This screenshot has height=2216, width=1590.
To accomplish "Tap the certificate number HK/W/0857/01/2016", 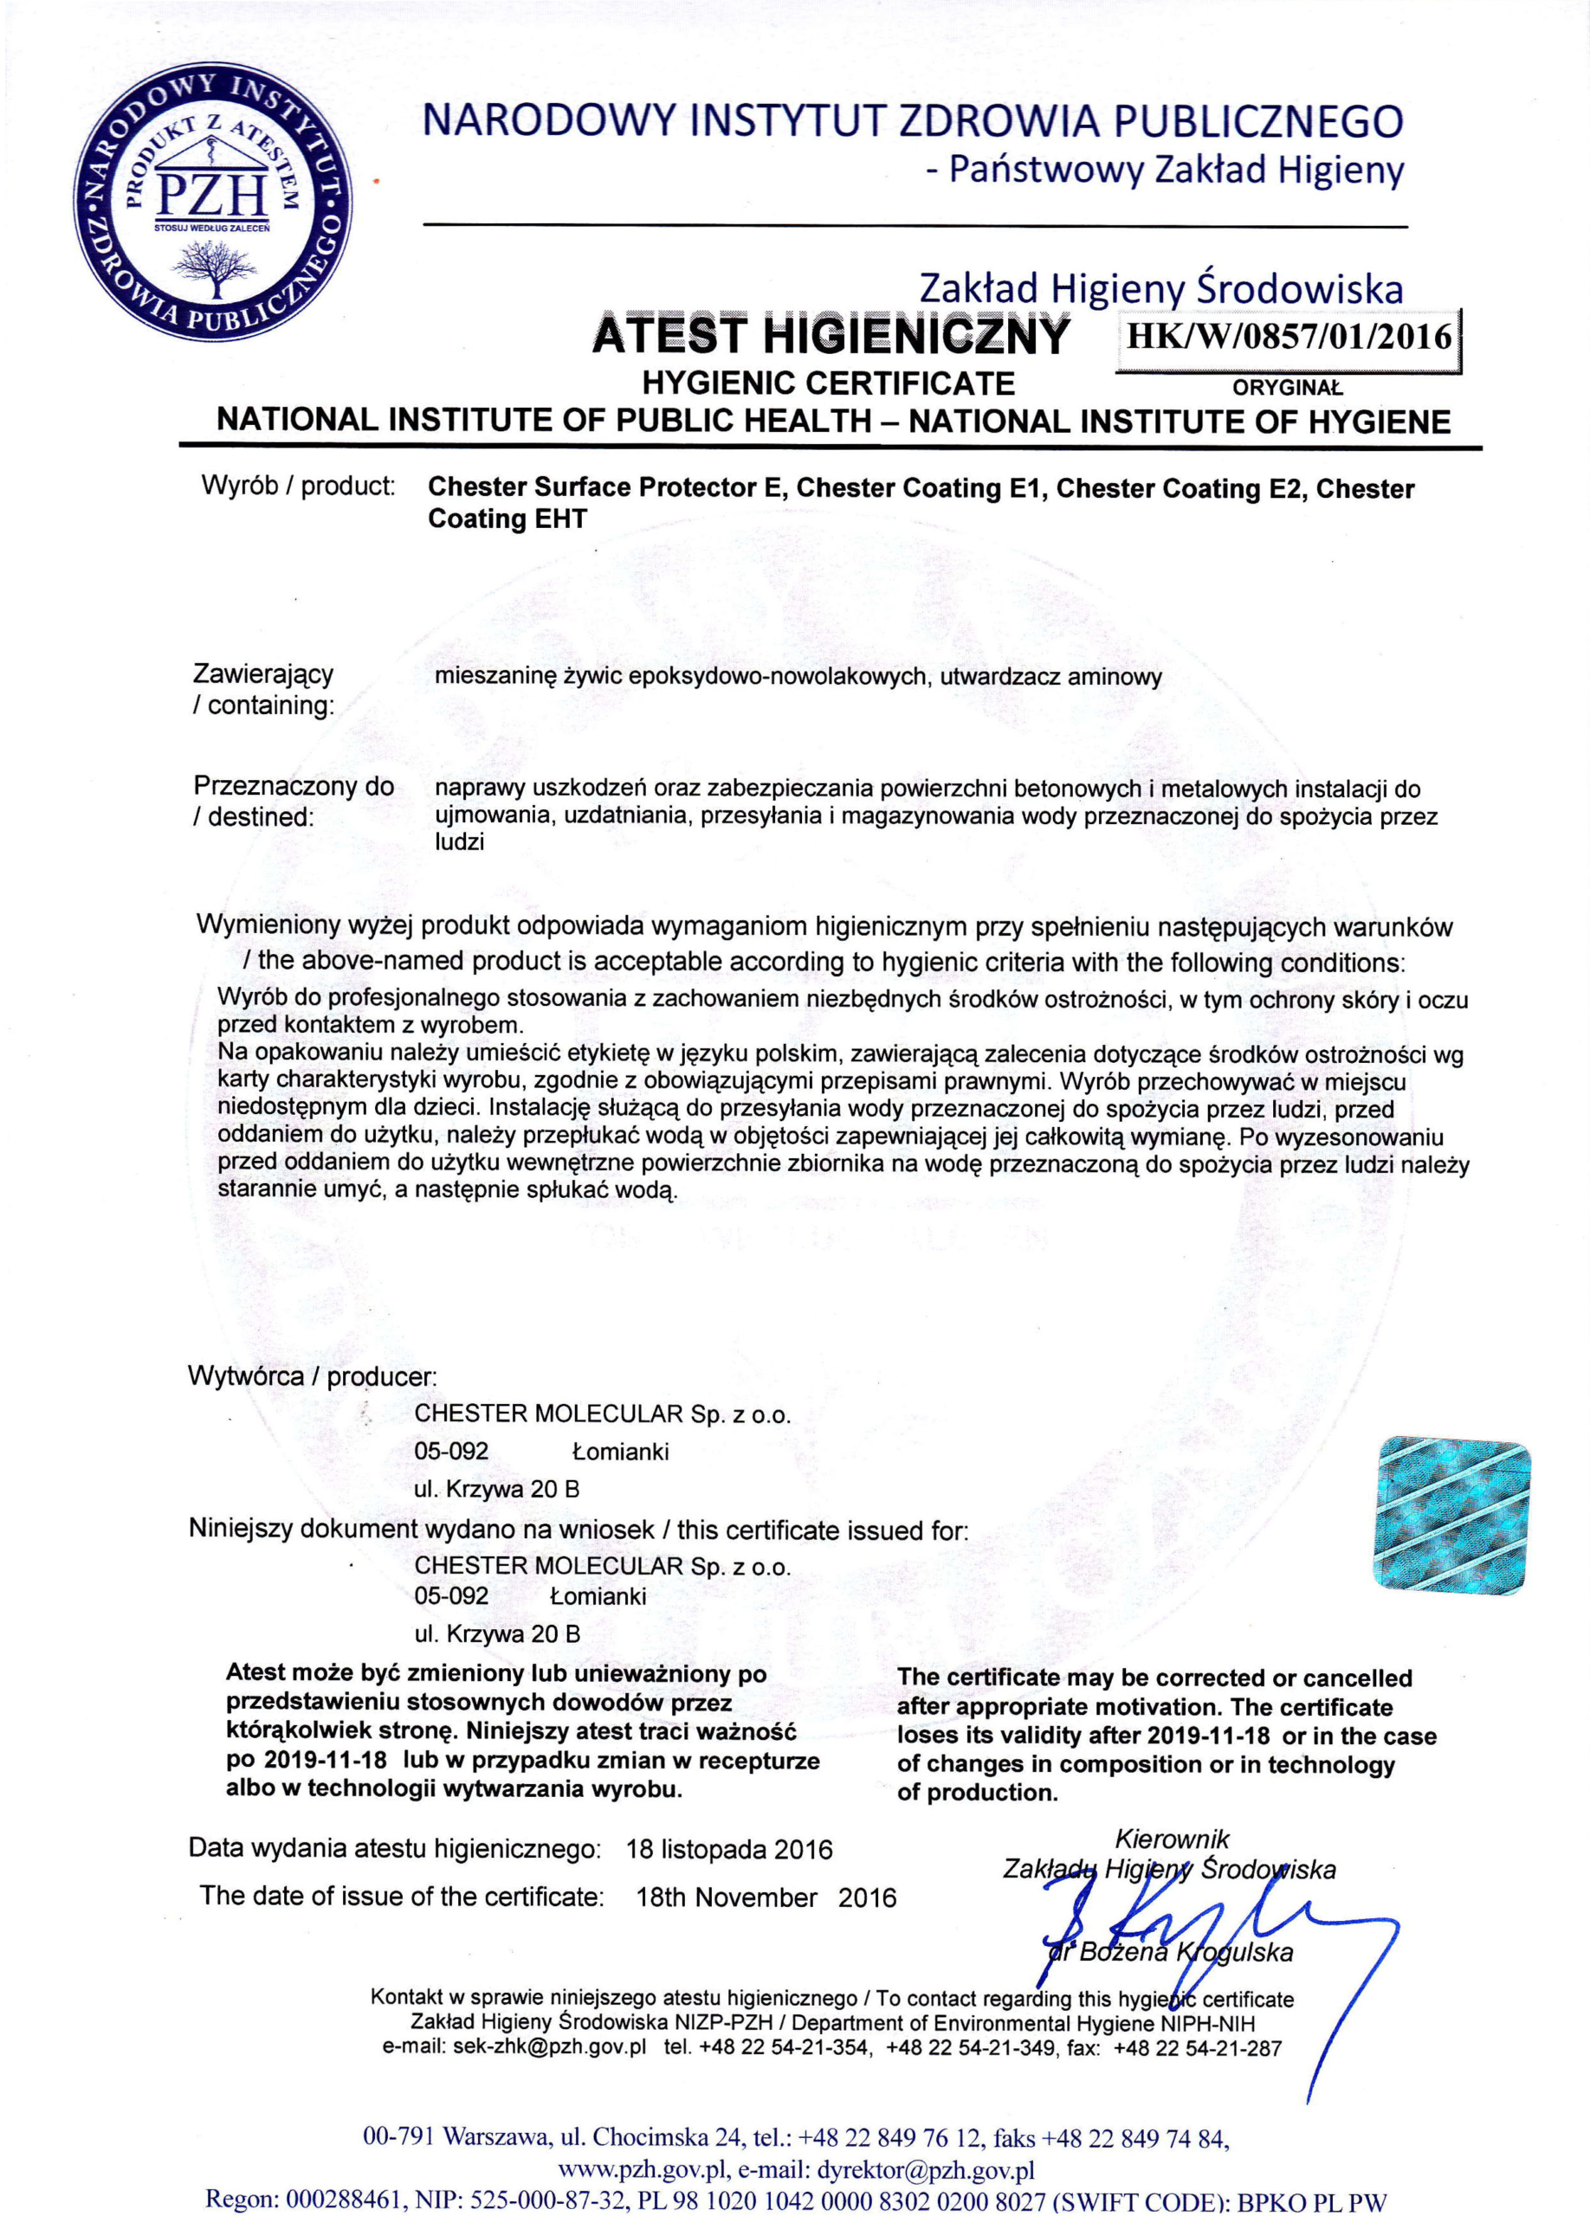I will point(1288,337).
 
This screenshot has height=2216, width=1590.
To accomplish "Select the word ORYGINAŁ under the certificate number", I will point(1287,388).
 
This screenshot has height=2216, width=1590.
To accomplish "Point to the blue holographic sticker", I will point(1452,1516).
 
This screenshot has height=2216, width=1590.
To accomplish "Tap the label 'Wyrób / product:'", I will point(298,486).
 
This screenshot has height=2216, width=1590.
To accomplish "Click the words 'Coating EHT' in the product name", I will point(507,519).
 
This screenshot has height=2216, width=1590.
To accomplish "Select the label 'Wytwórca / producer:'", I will point(312,1376).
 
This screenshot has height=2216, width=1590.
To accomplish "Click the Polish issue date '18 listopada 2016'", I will point(729,1850).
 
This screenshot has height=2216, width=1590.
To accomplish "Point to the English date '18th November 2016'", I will point(766,1897).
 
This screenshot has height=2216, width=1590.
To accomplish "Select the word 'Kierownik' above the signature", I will point(1172,1839).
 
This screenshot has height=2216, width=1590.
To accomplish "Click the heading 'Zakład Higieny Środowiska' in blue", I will point(1161,288).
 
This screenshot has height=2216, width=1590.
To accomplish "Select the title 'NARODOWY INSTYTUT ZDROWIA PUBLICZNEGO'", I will point(913,121).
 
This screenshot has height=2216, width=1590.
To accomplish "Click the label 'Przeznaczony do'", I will point(294,787).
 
